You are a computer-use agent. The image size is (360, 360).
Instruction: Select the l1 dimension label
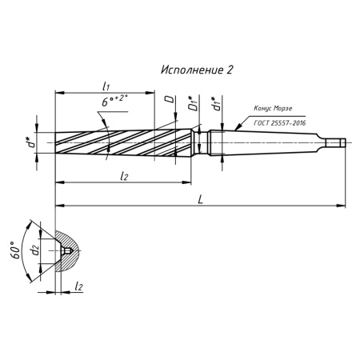(106, 86)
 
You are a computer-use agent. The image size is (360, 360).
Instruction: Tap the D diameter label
(169, 99)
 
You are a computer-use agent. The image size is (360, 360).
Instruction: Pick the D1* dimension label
(194, 103)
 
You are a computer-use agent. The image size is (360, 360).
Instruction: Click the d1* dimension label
(216, 103)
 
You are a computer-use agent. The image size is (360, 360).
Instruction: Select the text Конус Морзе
(273, 108)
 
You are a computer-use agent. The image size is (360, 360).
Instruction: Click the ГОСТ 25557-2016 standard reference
(280, 123)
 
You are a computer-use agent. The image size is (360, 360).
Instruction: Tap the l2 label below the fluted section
(124, 176)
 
